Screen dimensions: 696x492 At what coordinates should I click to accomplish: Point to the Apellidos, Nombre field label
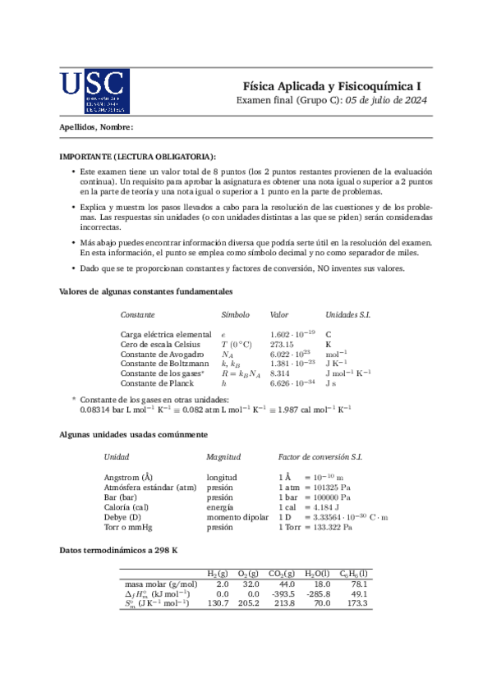click(x=96, y=127)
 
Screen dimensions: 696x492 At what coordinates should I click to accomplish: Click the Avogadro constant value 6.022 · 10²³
click(x=292, y=354)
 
